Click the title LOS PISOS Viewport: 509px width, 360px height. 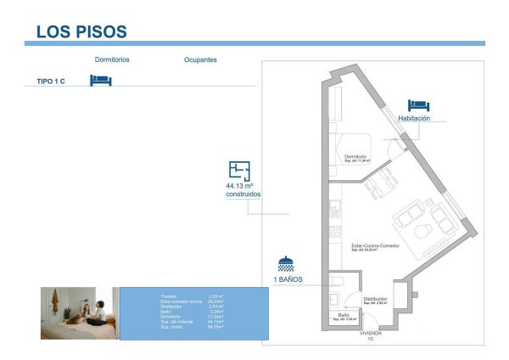point(81,31)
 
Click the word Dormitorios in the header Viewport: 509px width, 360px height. point(112,60)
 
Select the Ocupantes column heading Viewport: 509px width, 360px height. point(200,60)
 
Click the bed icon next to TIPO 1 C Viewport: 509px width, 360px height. point(101,81)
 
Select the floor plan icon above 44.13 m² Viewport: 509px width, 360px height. point(240,170)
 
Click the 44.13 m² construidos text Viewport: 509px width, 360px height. point(243,189)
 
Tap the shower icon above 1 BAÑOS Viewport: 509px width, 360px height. point(287,265)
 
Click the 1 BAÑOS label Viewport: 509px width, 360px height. point(288,279)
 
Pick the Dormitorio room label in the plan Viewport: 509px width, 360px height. point(355,156)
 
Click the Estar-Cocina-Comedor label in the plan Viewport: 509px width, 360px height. point(375,245)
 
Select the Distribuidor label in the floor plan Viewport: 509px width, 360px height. point(375,299)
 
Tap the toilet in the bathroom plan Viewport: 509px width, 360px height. point(337,281)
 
